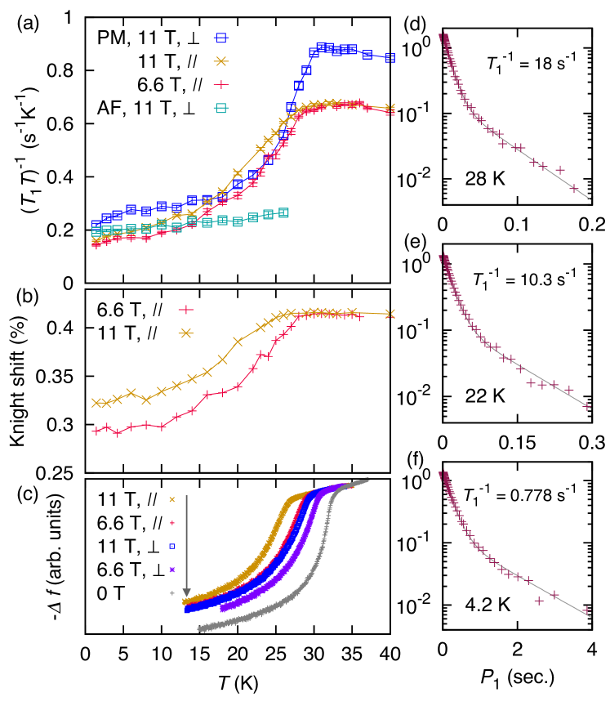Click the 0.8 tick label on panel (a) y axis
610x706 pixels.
pos(62,71)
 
